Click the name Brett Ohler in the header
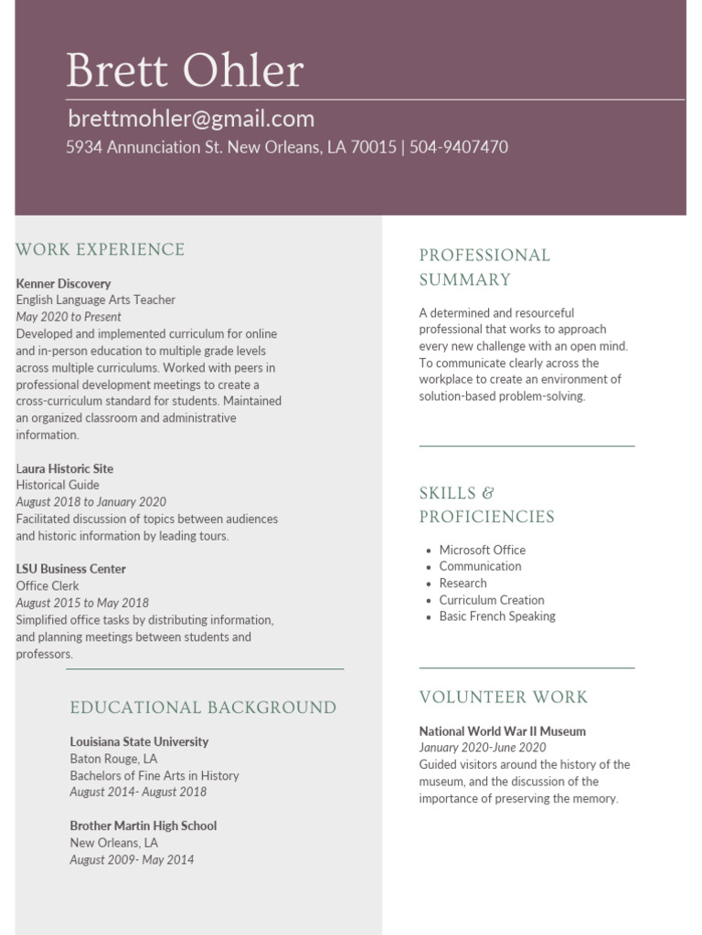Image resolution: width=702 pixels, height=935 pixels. (x=185, y=71)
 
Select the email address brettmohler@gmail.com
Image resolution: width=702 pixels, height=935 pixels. (x=190, y=119)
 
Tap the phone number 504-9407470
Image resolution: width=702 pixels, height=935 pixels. (x=459, y=147)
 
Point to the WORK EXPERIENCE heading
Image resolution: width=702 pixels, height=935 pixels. (x=101, y=249)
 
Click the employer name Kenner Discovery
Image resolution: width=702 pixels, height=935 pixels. (x=63, y=283)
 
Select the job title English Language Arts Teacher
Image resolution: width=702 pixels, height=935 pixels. (x=95, y=299)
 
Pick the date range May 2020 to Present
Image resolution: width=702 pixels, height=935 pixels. (x=69, y=317)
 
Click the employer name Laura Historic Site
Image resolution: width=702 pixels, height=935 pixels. (x=65, y=468)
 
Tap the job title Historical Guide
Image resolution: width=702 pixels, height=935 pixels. (x=58, y=485)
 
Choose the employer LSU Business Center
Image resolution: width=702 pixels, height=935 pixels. (x=70, y=569)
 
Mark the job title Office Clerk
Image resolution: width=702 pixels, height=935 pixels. (x=48, y=585)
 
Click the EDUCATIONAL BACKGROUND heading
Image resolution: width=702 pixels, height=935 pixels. (x=203, y=708)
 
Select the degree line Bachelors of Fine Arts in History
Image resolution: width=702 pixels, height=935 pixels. (x=154, y=775)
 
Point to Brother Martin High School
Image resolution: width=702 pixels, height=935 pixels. (x=144, y=825)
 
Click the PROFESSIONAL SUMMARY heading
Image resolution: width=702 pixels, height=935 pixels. (x=484, y=267)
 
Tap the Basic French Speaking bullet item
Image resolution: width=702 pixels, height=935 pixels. (x=497, y=616)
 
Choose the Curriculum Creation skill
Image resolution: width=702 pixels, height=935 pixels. (x=492, y=600)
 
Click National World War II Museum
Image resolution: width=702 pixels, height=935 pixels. (x=502, y=731)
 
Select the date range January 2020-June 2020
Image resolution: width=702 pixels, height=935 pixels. (x=483, y=748)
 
